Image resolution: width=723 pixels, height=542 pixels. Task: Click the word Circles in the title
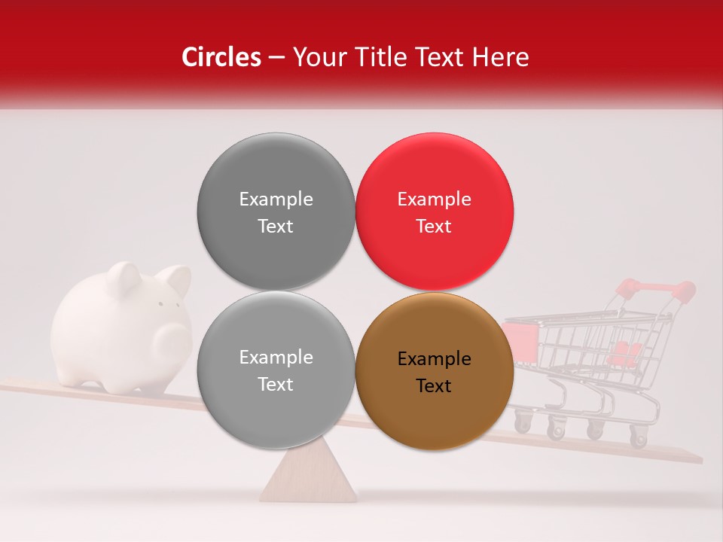pos(221,57)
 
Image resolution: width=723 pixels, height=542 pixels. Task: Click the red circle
pos(435,212)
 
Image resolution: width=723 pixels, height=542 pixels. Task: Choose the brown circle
pos(435,371)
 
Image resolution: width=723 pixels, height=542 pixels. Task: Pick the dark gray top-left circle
pos(276,212)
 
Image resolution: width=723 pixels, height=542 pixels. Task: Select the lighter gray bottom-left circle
pos(276,370)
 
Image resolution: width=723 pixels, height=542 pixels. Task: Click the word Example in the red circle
pos(434,199)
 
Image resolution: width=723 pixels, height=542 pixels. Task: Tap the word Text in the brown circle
pos(434,386)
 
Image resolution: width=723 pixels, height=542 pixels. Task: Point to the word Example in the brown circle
pos(434,359)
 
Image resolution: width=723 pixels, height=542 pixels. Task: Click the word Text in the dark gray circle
pos(276,227)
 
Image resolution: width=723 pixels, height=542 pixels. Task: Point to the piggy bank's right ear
pos(178,280)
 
